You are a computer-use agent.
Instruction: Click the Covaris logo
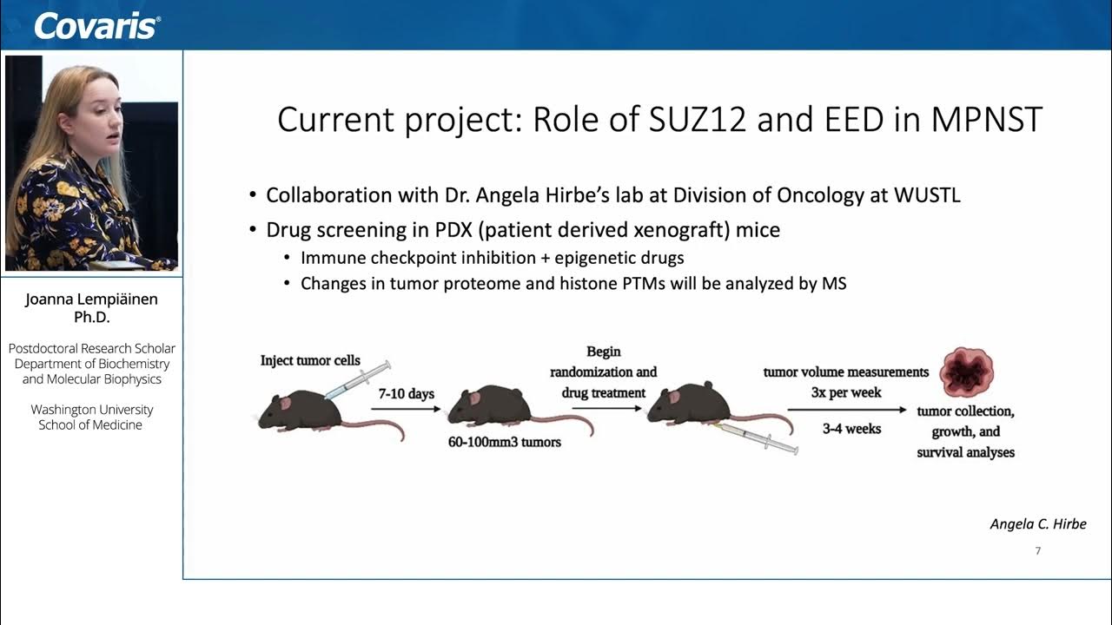point(96,25)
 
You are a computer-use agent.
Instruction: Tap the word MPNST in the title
point(985,120)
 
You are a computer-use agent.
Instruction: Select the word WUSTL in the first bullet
point(927,194)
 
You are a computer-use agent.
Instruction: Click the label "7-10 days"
point(406,393)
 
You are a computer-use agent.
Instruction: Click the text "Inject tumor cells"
point(310,360)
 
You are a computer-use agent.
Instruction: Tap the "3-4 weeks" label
point(851,429)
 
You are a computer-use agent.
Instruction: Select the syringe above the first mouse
point(356,380)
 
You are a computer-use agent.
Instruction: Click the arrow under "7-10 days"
point(406,410)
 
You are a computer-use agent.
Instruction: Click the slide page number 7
point(1037,551)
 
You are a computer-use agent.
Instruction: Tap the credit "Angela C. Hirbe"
point(1037,523)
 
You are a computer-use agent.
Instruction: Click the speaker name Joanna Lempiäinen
point(91,299)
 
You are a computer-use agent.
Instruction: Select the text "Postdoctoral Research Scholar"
point(92,348)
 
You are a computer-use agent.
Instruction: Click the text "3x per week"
point(846,392)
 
